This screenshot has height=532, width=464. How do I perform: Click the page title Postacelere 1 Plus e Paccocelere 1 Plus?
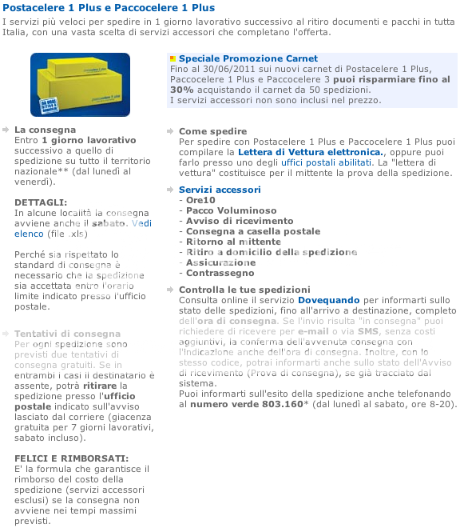click(x=109, y=8)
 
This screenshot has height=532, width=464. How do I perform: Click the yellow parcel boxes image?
click(x=80, y=84)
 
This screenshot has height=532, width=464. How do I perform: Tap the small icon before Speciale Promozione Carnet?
click(x=173, y=59)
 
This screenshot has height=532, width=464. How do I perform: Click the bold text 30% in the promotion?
click(x=180, y=90)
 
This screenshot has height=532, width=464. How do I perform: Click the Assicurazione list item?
click(x=220, y=262)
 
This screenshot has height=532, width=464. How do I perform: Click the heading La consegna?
click(x=45, y=129)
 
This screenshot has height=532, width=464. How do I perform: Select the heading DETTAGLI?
click(x=41, y=202)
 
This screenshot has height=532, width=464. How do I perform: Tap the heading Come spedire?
click(x=212, y=131)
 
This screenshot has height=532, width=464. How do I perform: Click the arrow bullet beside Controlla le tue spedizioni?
click(x=171, y=290)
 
